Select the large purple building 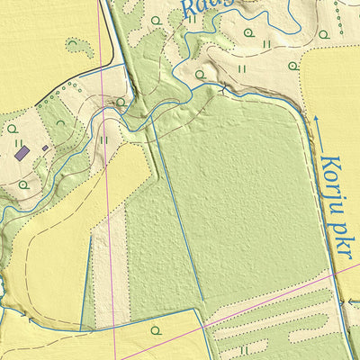pos(22,154)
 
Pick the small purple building pos(45,148)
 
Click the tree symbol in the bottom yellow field pos(155,330)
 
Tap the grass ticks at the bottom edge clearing pos(243,349)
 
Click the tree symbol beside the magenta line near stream pos(121,101)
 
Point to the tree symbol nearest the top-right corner pos(323,34)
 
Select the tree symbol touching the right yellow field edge pos(292,65)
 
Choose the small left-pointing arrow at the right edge pos(353,302)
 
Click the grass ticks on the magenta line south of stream pos(104,140)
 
